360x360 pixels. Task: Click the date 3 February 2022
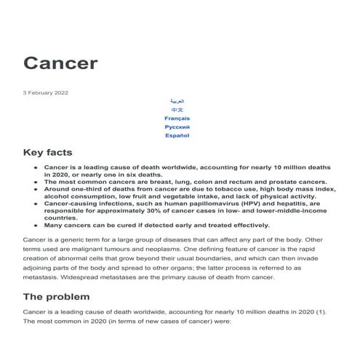(x=47, y=92)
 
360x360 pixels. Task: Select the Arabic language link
(x=177, y=101)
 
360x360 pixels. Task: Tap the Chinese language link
(x=177, y=110)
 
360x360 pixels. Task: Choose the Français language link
(x=177, y=118)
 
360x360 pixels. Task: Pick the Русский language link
(x=177, y=127)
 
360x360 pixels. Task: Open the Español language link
(x=177, y=135)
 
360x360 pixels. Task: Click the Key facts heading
(x=48, y=153)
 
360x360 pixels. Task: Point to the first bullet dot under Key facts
(x=36, y=167)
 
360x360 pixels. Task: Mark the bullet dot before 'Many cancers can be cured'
(x=36, y=225)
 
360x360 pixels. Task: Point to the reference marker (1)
(x=321, y=311)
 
